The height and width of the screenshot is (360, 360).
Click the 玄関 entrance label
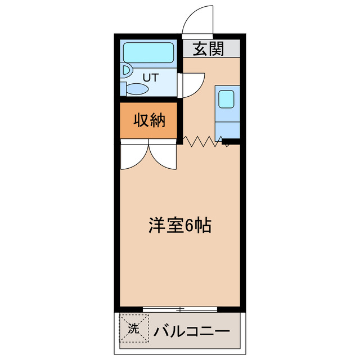click(209, 49)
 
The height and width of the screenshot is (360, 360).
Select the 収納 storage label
click(149, 120)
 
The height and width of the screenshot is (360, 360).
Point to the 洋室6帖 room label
click(179, 226)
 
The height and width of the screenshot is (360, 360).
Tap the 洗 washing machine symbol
click(133, 328)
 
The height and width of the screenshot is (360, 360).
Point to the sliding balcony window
click(180, 309)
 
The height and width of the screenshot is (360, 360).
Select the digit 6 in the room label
click(189, 226)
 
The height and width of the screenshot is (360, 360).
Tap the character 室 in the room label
click(173, 226)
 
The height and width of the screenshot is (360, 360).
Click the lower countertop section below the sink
click(228, 128)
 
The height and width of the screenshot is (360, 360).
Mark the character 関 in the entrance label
click(217, 49)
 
